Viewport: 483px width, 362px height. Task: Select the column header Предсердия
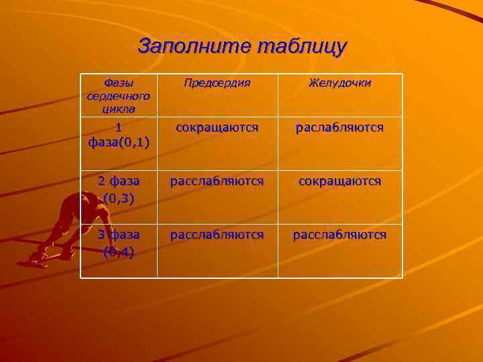[x=217, y=83]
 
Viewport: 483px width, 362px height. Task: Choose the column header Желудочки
[x=340, y=83]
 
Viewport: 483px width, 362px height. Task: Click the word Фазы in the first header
[x=118, y=83]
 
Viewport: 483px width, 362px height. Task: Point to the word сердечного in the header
[x=118, y=96]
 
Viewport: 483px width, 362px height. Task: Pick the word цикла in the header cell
[x=118, y=108]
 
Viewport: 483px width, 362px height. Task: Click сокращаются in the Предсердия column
[x=217, y=127]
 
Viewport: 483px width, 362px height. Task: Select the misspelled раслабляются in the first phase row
[x=340, y=127]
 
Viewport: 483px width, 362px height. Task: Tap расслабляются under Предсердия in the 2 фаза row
[x=217, y=181]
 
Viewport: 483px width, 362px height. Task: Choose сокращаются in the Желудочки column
[x=340, y=181]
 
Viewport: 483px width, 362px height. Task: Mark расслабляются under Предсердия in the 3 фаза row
[x=217, y=235]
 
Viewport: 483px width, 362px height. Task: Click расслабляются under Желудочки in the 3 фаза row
[x=340, y=235]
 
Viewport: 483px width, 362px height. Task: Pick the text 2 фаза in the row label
[x=119, y=181]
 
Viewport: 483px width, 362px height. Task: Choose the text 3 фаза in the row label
[x=119, y=235]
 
